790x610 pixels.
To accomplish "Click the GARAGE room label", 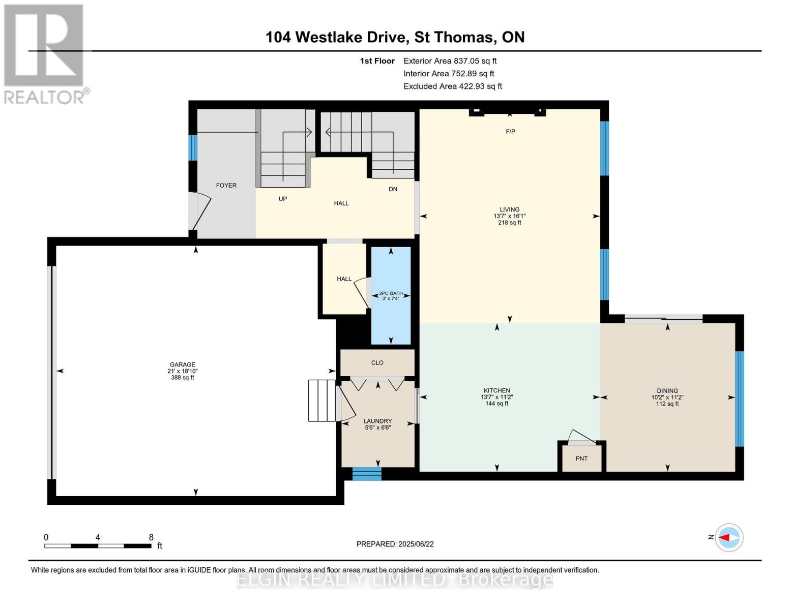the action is click(183, 364).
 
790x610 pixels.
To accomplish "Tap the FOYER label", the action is click(226, 186).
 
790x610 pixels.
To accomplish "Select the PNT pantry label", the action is click(581, 459).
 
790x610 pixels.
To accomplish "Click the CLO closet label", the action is click(377, 362).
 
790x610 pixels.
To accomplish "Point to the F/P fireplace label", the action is click(510, 132).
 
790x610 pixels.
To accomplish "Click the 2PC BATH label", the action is click(391, 293).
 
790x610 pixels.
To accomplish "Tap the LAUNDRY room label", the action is click(378, 421).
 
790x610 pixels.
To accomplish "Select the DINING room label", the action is click(667, 391).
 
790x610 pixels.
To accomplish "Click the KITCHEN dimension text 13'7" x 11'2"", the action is click(496, 397).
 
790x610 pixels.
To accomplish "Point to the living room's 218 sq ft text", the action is click(509, 222).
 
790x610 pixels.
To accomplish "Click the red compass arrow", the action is click(724, 538).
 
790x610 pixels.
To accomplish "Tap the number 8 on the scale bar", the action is click(151, 537).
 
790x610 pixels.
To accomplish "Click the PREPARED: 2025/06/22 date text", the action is click(395, 544).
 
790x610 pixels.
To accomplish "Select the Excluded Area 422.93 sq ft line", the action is click(453, 86).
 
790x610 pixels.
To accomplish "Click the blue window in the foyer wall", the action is click(193, 147).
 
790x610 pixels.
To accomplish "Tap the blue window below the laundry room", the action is click(367, 474).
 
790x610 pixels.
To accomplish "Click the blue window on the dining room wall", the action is click(740, 399).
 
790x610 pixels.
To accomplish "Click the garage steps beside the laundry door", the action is click(321, 401).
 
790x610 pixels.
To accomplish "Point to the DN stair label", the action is click(393, 189).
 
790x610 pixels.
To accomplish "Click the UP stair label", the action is click(282, 199).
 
